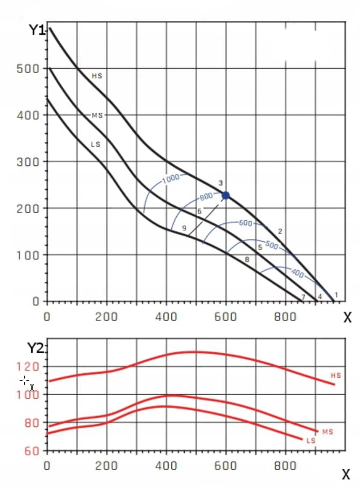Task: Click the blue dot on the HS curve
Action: pyautogui.click(x=226, y=195)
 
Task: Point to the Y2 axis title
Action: pyautogui.click(x=35, y=348)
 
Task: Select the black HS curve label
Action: pyautogui.click(x=97, y=76)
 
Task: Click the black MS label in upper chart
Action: pyautogui.click(x=97, y=115)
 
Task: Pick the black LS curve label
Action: pyautogui.click(x=96, y=144)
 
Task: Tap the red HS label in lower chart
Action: pyautogui.click(x=336, y=375)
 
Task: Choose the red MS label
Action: pyautogui.click(x=328, y=432)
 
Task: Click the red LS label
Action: pyautogui.click(x=311, y=440)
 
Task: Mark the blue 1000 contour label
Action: pyautogui.click(x=171, y=178)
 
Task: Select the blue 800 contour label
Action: pyautogui.click(x=206, y=196)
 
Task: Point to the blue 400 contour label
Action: pyautogui.click(x=298, y=273)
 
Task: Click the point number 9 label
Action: pyautogui.click(x=184, y=228)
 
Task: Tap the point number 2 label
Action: pyautogui.click(x=280, y=231)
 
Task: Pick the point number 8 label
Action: pyautogui.click(x=247, y=259)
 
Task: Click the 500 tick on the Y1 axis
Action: pyautogui.click(x=28, y=69)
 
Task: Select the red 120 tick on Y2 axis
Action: pyautogui.click(x=28, y=367)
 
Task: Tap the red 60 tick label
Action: pyautogui.click(x=32, y=451)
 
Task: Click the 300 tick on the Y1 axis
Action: pyautogui.click(x=28, y=162)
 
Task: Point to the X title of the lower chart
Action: pyautogui.click(x=346, y=475)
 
